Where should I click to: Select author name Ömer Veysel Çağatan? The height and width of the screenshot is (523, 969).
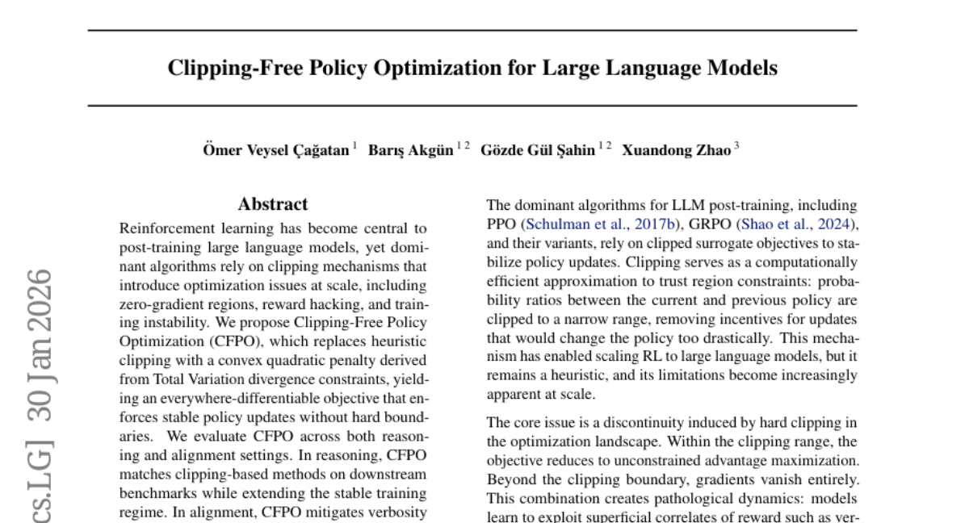coord(276,150)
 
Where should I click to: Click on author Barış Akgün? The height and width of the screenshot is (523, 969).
coord(411,150)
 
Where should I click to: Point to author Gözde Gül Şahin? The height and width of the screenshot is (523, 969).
coord(538,150)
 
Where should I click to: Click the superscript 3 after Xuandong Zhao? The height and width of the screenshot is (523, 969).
coord(736,147)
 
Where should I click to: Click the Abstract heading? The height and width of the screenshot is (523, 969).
coord(273,205)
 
